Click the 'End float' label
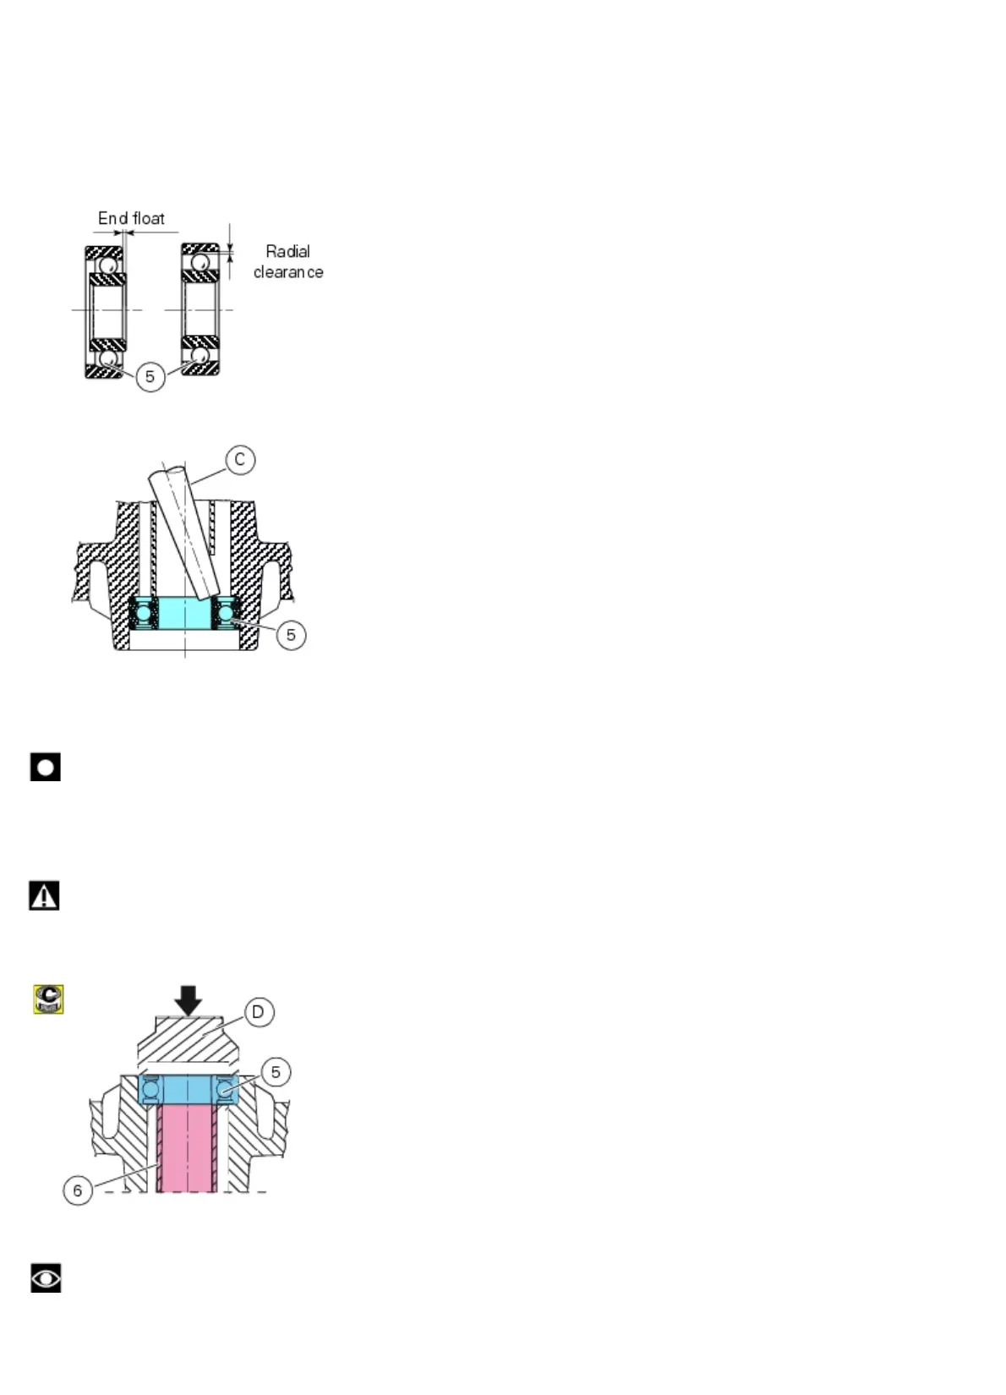point(131,218)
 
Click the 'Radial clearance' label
point(287,261)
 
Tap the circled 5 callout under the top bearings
point(150,376)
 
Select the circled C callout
point(240,459)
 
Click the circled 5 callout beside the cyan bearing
point(291,634)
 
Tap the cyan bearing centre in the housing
point(185,613)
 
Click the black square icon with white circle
point(46,767)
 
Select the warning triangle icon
point(44,895)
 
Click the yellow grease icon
point(49,998)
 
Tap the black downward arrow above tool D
point(189,1000)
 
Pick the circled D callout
point(259,1012)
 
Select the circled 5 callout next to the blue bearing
point(276,1071)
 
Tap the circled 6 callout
point(78,1190)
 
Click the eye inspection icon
point(46,1277)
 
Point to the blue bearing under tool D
point(188,1090)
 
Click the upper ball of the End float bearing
point(107,265)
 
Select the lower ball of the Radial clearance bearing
point(200,357)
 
